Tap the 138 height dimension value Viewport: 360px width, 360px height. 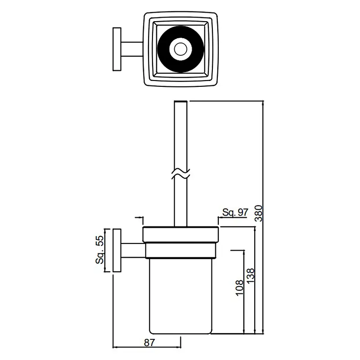(251, 276)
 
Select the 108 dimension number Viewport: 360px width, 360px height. (239, 288)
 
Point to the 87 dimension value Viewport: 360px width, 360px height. (149, 342)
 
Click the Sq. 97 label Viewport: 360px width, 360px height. (235, 212)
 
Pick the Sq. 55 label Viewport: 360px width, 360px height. (99, 250)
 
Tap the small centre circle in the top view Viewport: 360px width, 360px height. (181, 49)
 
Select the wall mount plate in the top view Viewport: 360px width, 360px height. (117, 49)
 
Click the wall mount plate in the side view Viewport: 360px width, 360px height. (117, 251)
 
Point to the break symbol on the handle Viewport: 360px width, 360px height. (181, 174)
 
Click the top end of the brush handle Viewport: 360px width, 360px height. (181, 101)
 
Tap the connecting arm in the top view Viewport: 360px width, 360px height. (132, 49)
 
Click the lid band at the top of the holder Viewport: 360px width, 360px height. (180, 234)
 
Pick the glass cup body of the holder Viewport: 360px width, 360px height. (180, 296)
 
